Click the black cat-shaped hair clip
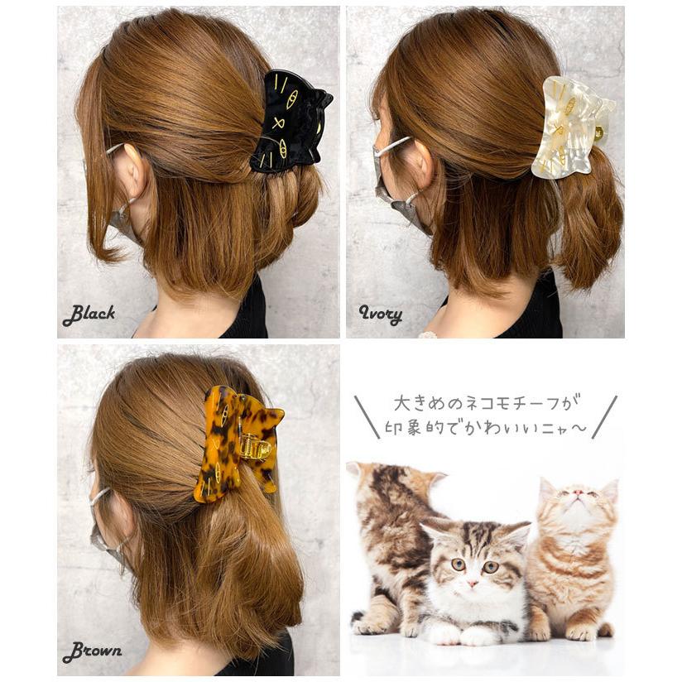(x=290, y=122)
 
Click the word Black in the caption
(x=89, y=315)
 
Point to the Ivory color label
(x=380, y=315)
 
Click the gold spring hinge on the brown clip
(x=253, y=447)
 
